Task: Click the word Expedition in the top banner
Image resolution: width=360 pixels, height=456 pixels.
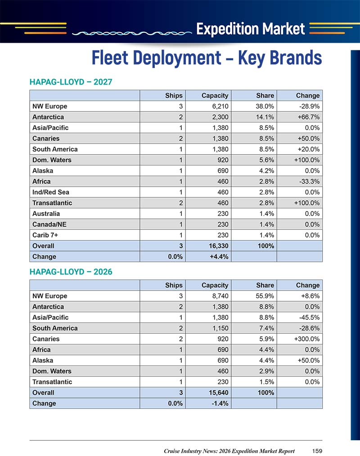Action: (x=227, y=29)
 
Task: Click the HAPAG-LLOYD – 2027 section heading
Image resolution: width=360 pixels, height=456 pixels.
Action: (x=71, y=82)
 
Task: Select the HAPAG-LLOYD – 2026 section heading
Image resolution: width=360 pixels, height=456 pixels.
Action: (x=71, y=272)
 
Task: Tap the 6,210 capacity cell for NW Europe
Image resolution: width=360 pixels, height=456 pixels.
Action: (x=220, y=106)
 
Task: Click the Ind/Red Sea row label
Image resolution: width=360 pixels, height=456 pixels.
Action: (x=51, y=192)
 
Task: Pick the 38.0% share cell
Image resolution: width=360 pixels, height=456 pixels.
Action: (x=265, y=106)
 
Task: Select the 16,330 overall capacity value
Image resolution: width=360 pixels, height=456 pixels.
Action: (x=219, y=246)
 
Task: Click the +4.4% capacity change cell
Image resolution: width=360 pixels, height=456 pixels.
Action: (x=219, y=256)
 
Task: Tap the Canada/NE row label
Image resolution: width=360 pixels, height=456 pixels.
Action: (x=49, y=224)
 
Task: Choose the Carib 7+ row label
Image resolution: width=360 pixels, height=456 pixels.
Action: (x=45, y=235)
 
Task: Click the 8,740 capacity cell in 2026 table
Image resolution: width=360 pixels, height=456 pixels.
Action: (x=220, y=296)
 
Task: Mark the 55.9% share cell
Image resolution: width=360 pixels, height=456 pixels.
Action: (x=265, y=296)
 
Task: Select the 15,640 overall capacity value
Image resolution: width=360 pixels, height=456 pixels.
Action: (x=219, y=393)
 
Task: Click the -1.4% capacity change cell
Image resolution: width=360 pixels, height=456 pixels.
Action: (x=220, y=403)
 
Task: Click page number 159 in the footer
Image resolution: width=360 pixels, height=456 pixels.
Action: (x=317, y=451)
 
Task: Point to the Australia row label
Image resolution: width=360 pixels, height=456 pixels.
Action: (x=46, y=214)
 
